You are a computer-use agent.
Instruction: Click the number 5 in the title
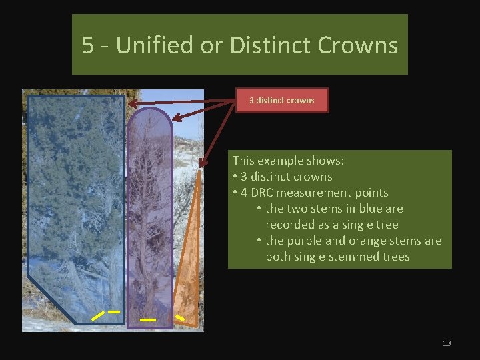[x=87, y=45]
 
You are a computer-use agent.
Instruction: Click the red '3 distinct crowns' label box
[x=281, y=100]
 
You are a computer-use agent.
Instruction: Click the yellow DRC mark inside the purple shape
[x=148, y=321]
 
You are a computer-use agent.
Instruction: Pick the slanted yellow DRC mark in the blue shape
[x=97, y=315]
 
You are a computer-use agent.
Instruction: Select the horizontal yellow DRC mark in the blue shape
[x=114, y=311]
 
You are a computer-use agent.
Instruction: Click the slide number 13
[x=447, y=343]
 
